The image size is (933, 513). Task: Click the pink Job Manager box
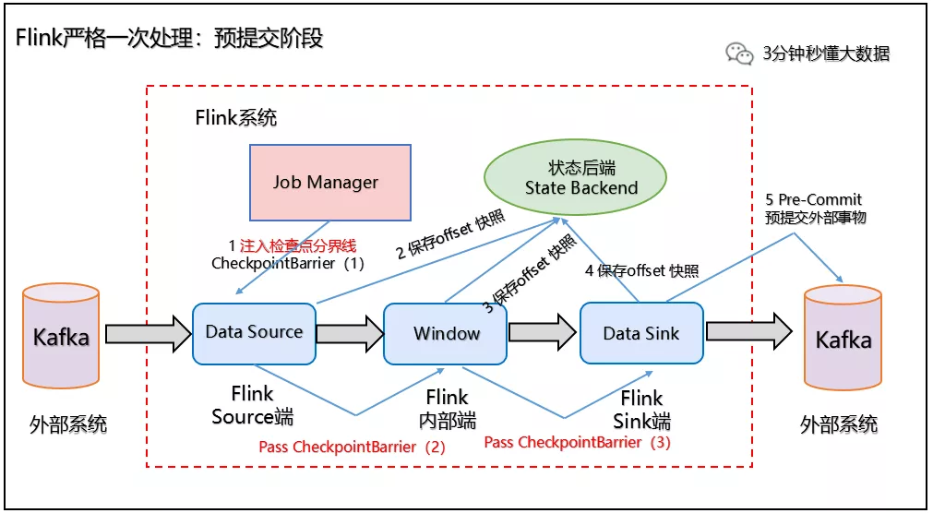[329, 182]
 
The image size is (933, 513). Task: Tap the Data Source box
[254, 332]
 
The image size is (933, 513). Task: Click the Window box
[446, 333]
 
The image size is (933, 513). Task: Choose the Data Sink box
[641, 333]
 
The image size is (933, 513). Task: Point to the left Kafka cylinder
[61, 337]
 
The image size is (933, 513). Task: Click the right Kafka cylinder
[843, 339]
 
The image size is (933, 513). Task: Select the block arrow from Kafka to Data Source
[147, 332]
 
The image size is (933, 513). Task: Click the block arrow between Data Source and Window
[349, 332]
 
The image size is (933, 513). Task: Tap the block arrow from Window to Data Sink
[542, 332]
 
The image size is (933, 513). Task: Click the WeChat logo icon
[739, 54]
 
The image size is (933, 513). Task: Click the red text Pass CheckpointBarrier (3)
[577, 442]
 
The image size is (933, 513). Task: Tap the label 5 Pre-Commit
[814, 199]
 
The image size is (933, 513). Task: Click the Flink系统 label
[235, 118]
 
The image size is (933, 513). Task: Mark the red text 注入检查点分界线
[297, 245]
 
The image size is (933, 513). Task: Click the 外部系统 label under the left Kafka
[67, 424]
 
